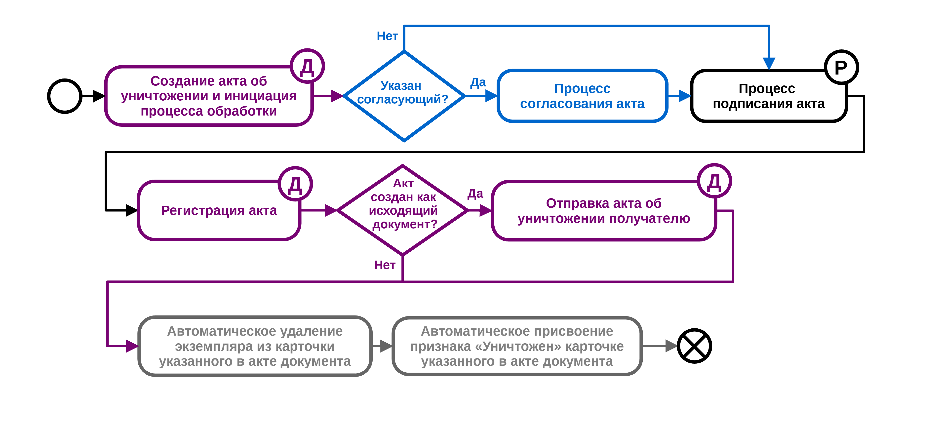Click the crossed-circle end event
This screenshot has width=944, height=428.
pos(694,346)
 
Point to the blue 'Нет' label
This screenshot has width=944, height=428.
pos(387,36)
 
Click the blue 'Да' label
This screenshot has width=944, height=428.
pos(478,82)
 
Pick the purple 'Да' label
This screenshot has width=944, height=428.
pos(475,194)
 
